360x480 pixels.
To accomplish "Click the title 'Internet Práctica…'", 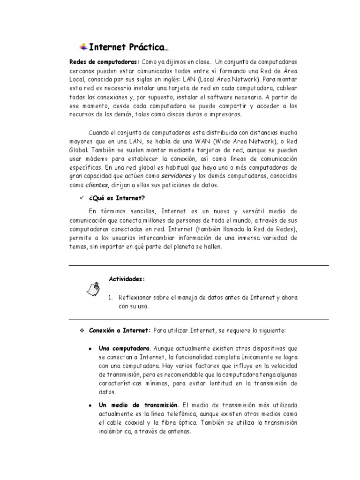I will [127, 47].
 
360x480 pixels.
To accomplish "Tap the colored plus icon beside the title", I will [83, 46].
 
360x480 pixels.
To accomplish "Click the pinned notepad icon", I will [93, 289].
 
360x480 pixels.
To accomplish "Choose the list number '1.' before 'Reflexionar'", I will [111, 297].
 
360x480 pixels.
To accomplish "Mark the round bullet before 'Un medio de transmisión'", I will [90, 405].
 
